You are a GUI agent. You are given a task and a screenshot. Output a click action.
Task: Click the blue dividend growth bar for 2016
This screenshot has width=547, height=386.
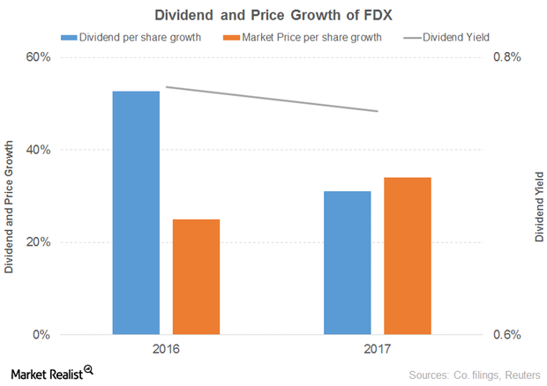tap(136, 212)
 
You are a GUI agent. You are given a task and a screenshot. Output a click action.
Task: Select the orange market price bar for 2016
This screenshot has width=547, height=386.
tap(196, 277)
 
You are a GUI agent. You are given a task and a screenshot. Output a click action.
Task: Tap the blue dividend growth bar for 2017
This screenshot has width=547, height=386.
tap(348, 263)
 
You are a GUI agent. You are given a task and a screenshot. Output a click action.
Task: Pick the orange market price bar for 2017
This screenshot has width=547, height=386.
tap(407, 256)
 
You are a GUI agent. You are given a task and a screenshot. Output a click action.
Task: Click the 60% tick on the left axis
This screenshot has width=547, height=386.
tap(38, 57)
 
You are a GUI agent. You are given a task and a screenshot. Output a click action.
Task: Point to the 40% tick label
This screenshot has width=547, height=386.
tap(38, 150)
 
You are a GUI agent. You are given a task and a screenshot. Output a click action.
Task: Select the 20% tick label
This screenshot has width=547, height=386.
tap(38, 242)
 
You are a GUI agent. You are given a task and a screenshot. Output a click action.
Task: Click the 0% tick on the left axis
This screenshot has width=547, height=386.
tap(41, 335)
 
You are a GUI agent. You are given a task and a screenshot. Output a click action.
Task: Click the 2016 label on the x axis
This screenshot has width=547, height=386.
tap(166, 350)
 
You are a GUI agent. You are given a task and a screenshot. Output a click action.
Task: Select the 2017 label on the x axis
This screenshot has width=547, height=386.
tap(378, 350)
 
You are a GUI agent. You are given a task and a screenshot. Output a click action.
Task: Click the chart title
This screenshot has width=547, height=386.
tap(273, 15)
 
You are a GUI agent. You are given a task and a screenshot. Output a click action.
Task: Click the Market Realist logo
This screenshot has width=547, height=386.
tap(51, 373)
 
